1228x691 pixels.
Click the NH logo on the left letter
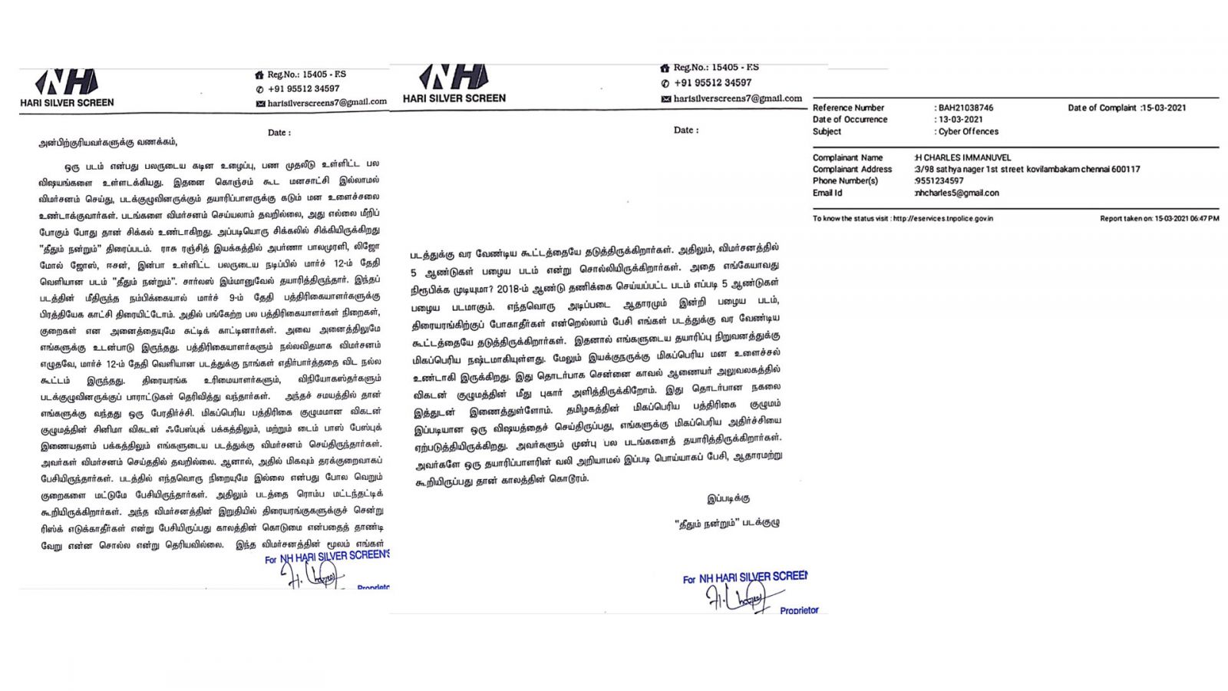(67, 82)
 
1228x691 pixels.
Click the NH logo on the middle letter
(453, 77)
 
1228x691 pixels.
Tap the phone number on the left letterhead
(303, 89)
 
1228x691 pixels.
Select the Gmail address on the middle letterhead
(737, 99)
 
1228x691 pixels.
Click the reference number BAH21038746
(966, 108)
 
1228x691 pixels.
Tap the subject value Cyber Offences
(968, 132)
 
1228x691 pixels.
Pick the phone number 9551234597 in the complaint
(939, 181)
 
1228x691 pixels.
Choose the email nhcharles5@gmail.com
(957, 193)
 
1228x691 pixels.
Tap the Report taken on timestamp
(1159, 219)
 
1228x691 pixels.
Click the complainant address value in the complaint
(1027, 170)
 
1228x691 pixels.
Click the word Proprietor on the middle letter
(799, 610)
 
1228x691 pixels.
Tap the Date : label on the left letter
(279, 133)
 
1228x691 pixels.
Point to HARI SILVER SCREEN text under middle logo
(454, 98)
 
